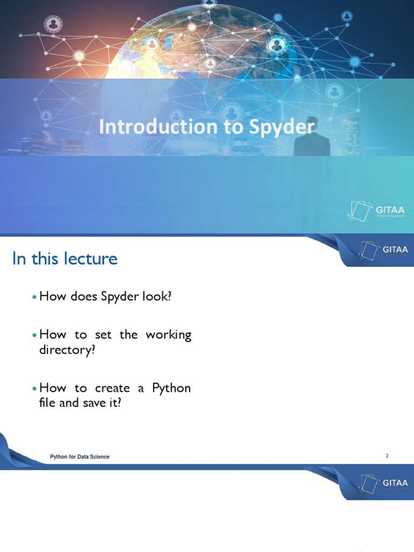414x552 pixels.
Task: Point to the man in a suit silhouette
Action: (311, 137)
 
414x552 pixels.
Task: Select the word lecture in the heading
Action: (90, 259)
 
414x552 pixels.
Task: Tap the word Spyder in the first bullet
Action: (119, 297)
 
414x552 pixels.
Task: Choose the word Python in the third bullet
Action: (171, 388)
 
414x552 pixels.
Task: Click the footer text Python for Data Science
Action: (80, 457)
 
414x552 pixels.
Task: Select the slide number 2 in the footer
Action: (387, 456)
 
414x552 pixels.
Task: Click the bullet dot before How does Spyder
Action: (35, 298)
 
